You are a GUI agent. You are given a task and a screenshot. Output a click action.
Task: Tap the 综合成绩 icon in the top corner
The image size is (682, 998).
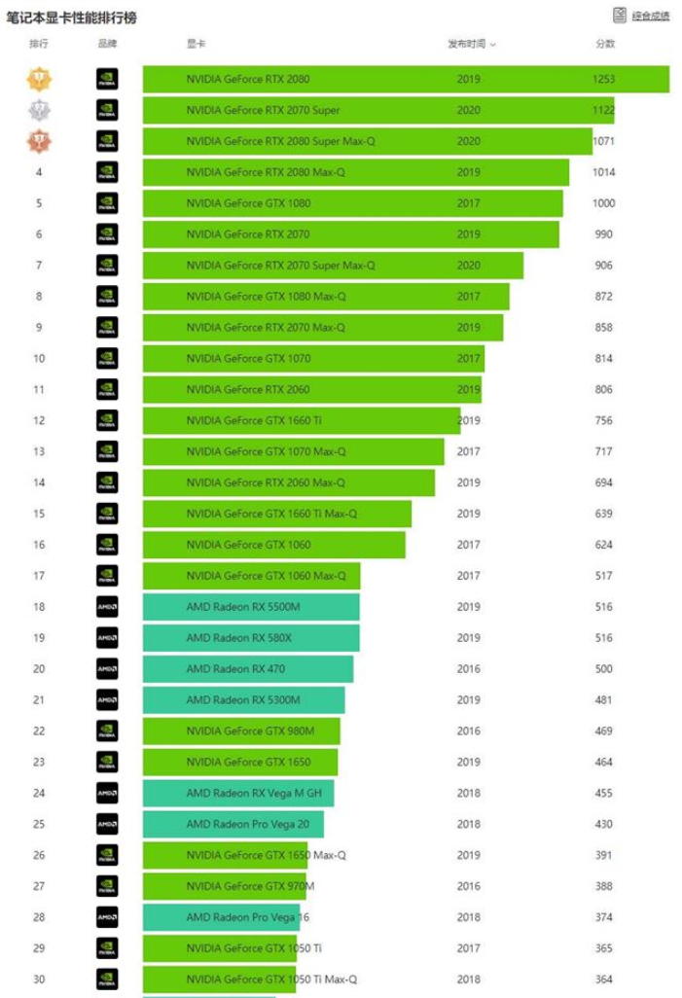[x=620, y=16]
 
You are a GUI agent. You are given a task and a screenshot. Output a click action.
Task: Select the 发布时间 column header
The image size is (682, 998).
[x=471, y=44]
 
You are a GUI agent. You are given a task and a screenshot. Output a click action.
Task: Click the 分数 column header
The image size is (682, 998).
[x=604, y=44]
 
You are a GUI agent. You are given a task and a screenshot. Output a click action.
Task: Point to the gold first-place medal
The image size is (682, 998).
[x=39, y=79]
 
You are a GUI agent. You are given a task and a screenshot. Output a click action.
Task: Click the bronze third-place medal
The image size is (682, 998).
[x=39, y=141]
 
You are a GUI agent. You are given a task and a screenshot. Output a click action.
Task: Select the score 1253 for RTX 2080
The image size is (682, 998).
[x=604, y=79]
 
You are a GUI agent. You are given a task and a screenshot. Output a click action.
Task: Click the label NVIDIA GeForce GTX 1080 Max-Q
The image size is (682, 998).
[x=266, y=296]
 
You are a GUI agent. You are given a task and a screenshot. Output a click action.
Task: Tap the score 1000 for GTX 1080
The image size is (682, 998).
[x=604, y=203]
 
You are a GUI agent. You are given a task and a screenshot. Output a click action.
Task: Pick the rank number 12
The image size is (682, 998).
[x=39, y=420]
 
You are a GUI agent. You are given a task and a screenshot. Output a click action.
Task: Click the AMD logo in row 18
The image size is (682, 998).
[x=107, y=607]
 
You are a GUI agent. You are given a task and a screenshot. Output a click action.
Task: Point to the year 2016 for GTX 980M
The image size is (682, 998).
[x=468, y=731]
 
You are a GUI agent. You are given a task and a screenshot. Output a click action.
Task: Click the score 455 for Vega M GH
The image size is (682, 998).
[x=604, y=794]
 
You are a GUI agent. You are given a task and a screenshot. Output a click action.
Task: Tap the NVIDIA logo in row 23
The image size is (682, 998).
[x=107, y=763]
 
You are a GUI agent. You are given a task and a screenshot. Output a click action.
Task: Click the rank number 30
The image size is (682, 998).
[x=39, y=980]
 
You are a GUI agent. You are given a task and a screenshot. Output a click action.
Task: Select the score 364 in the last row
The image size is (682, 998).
[x=604, y=980]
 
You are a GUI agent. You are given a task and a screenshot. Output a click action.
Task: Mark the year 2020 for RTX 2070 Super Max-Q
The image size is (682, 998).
[x=468, y=265]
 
